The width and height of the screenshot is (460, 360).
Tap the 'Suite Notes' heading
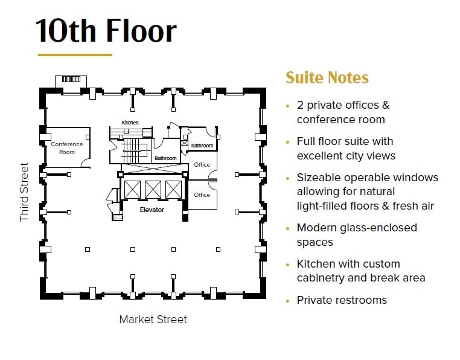pos(327,78)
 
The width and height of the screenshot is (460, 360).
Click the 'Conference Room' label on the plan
pos(67,148)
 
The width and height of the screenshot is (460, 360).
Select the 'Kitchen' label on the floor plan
pos(130,123)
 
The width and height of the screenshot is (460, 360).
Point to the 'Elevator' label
pos(152,210)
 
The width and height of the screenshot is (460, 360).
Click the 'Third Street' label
pos(24,191)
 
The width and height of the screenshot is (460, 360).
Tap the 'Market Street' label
pos(153,319)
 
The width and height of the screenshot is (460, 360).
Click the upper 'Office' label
pos(202,164)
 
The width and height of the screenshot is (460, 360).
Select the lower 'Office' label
pos(202,194)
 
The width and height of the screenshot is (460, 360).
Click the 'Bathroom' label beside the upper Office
pos(202,146)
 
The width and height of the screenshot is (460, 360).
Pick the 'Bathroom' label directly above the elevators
pos(165,158)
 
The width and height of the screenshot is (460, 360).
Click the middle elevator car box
pos(152,189)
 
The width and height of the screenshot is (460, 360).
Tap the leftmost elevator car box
pos(132,189)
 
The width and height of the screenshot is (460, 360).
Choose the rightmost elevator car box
pos(173,189)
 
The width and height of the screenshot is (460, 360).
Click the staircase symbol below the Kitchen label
pos(132,147)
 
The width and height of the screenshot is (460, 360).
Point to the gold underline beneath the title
pos(75,55)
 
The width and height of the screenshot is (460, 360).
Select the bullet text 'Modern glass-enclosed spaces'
pos(357,235)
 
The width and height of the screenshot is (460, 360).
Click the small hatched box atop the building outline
pos(71,79)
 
